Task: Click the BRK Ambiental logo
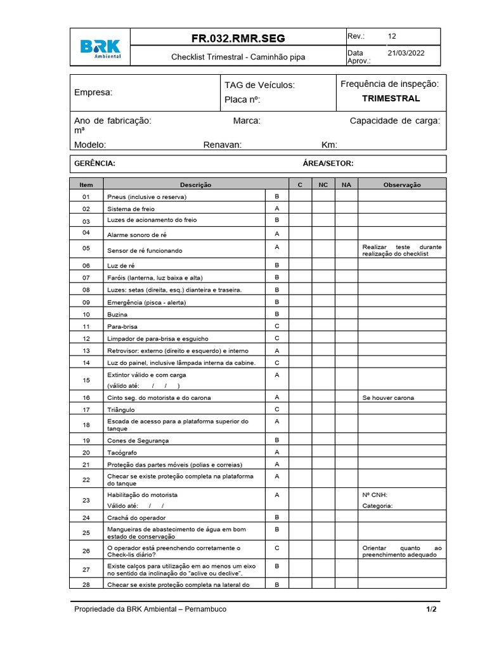tap(100, 48)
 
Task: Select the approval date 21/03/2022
tap(406, 54)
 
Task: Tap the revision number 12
tap(393, 37)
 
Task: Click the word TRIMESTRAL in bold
tap(391, 99)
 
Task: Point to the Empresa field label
tap(93, 93)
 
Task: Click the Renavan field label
tap(222, 145)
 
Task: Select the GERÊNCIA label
tap(94, 164)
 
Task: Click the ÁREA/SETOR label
tap(328, 164)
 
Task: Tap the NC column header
tap(323, 184)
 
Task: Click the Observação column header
tap(402, 184)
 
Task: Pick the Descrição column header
tap(195, 184)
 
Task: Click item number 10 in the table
tap(86, 314)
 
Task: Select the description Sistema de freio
tap(131, 209)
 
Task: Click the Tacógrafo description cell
tap(122, 453)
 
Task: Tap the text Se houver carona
tap(388, 398)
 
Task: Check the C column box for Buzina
tap(300, 314)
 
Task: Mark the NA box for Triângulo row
tap(346, 409)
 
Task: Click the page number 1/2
tap(431, 609)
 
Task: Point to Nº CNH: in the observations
tap(375, 494)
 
